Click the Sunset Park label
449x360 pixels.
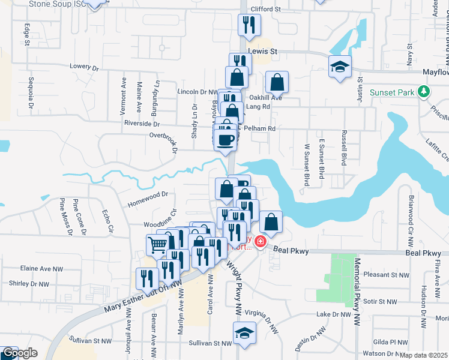[x=392, y=92]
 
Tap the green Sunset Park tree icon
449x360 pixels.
[x=424, y=92]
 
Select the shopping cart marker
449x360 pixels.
[x=157, y=244]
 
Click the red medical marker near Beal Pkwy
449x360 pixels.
[x=261, y=242]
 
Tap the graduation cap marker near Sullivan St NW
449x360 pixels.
[x=244, y=333]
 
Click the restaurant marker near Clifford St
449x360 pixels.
[x=249, y=25]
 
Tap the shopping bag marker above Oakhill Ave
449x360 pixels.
[x=277, y=82]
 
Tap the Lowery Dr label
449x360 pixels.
[x=83, y=66]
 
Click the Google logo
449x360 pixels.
[x=19, y=353]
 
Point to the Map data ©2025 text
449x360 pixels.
[x=424, y=355]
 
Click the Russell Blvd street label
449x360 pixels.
[x=345, y=148]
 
